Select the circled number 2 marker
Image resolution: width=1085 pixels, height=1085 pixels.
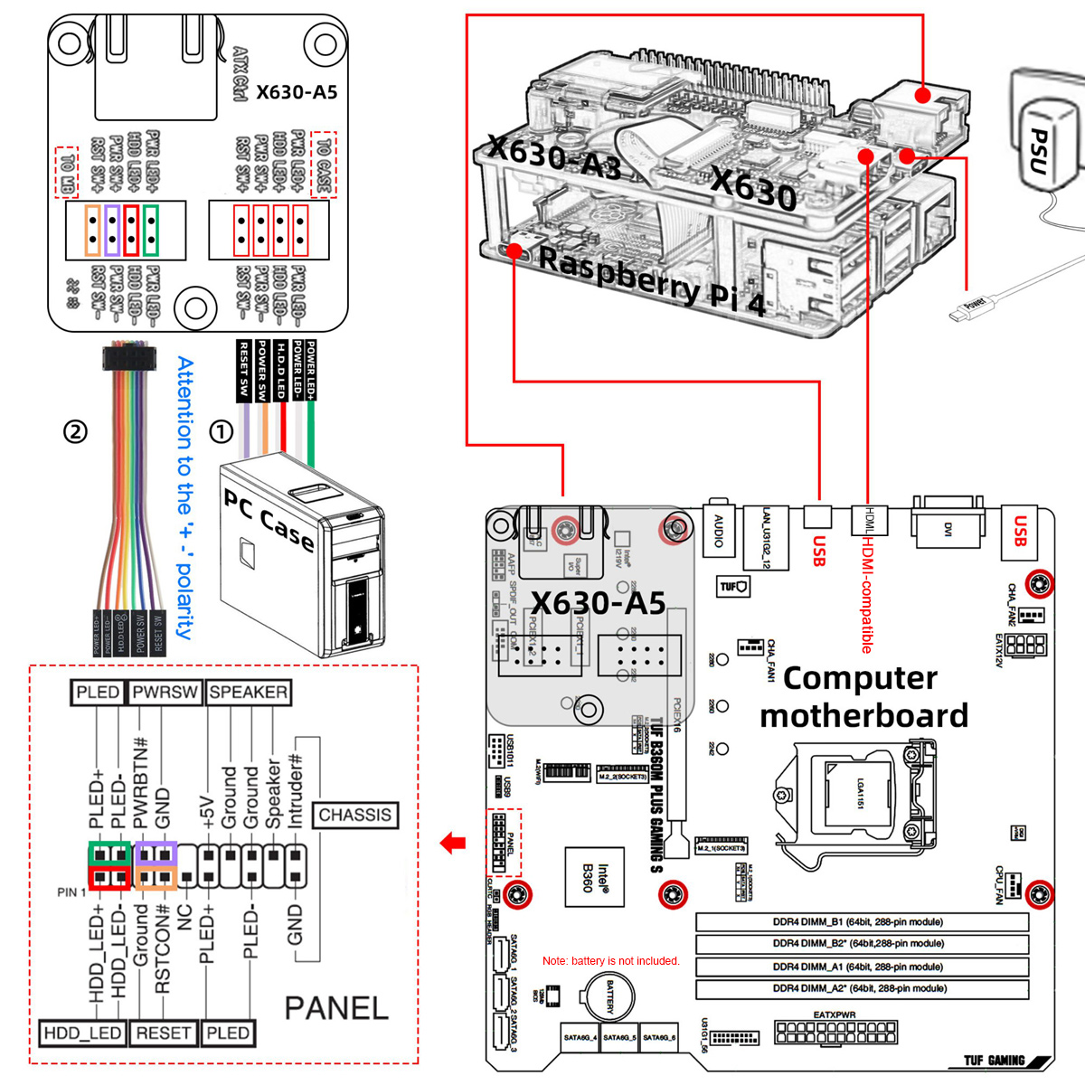(x=75, y=431)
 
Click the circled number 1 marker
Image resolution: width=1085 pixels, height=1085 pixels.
(x=222, y=431)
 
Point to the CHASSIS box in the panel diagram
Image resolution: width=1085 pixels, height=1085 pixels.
(x=354, y=815)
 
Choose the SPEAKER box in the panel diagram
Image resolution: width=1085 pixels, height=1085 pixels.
(x=248, y=693)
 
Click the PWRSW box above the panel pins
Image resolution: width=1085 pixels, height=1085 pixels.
(x=165, y=693)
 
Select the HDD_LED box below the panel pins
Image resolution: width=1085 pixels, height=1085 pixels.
(x=81, y=1033)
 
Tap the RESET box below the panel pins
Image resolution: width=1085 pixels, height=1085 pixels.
(x=163, y=1033)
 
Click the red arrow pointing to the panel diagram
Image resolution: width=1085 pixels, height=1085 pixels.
(x=453, y=844)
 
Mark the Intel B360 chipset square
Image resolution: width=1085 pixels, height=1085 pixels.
(x=594, y=877)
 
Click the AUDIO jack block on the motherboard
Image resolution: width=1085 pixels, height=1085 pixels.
(x=719, y=529)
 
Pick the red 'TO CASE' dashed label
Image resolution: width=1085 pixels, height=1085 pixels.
(x=324, y=164)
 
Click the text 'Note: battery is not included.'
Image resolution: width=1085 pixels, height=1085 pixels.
(x=610, y=960)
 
